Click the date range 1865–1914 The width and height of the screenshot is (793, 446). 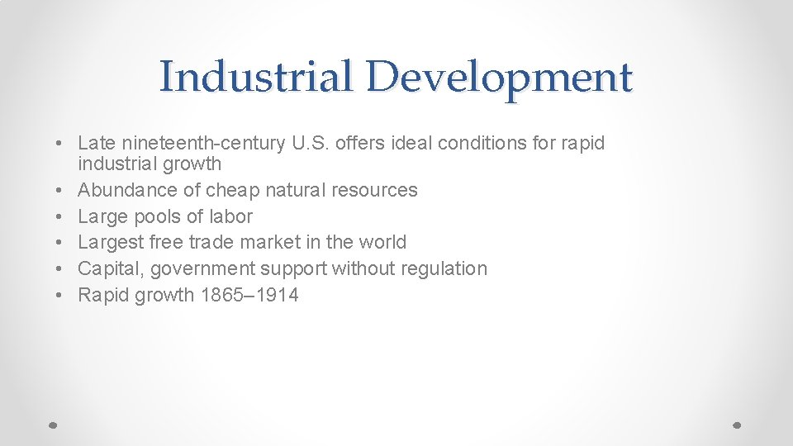pos(249,295)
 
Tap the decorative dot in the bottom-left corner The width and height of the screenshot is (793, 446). pos(53,425)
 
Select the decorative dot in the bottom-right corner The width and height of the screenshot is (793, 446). pos(738,425)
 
